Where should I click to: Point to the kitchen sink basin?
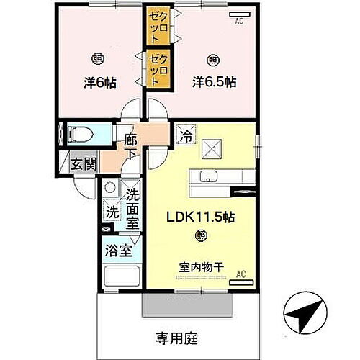209,178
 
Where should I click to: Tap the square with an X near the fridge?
212,148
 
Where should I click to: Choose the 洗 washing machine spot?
112,212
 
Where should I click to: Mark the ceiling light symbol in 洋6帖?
96,58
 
